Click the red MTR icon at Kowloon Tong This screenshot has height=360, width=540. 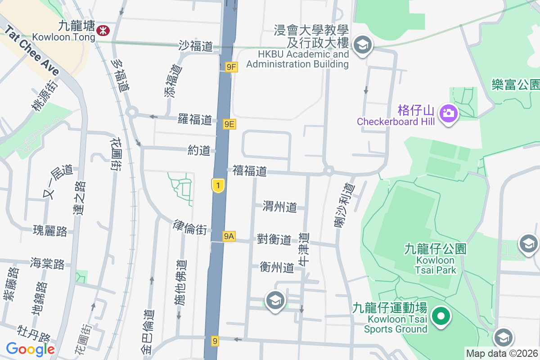[x=103, y=31]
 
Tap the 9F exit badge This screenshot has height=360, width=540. [x=231, y=67]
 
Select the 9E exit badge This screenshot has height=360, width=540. [x=229, y=124]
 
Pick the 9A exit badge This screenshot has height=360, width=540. [x=229, y=236]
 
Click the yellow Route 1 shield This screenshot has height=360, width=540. [x=218, y=185]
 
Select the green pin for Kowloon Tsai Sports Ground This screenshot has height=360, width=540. [x=441, y=316]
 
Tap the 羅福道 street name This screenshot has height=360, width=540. [x=194, y=120]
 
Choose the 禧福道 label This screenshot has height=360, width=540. [x=250, y=171]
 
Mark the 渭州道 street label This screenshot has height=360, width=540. [x=280, y=207]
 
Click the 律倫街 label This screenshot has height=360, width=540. [x=190, y=228]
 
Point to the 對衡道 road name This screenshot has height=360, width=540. [x=274, y=239]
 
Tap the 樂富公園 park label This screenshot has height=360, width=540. [x=516, y=84]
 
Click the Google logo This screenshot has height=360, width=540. [x=30, y=349]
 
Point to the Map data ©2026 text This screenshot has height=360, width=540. [x=501, y=354]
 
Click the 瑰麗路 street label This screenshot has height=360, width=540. [x=50, y=231]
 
